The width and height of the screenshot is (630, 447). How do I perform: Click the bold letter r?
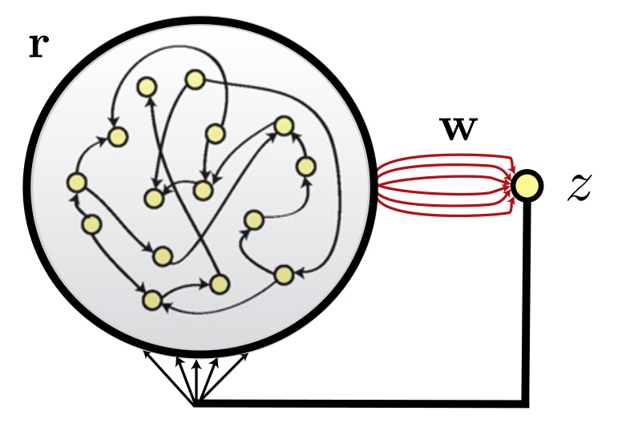pyautogui.click(x=36, y=46)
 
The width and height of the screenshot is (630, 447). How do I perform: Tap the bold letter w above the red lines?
pyautogui.click(x=458, y=129)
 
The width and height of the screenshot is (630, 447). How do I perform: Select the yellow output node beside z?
pyautogui.click(x=527, y=186)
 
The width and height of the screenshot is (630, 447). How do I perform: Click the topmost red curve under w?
pyautogui.click(x=445, y=156)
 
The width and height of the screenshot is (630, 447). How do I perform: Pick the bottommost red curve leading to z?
pyautogui.click(x=445, y=215)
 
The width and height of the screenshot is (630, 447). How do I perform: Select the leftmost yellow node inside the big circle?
pyautogui.click(x=76, y=182)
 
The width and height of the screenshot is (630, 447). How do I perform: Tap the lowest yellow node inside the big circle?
pyautogui.click(x=151, y=300)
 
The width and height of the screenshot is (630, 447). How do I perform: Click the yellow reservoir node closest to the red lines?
pyautogui.click(x=305, y=166)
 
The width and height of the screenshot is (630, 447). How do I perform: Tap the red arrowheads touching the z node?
pyautogui.click(x=511, y=186)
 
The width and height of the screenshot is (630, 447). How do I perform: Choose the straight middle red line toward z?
pyautogui.click(x=445, y=186)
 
